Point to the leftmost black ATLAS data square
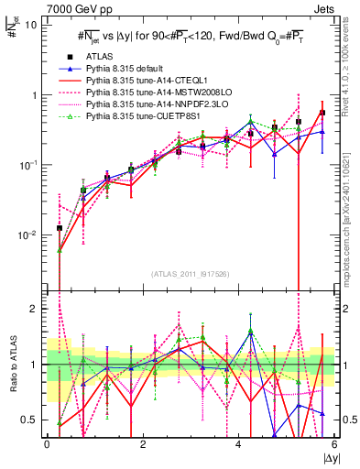coord(60,228)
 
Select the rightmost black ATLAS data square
coord(322,113)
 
